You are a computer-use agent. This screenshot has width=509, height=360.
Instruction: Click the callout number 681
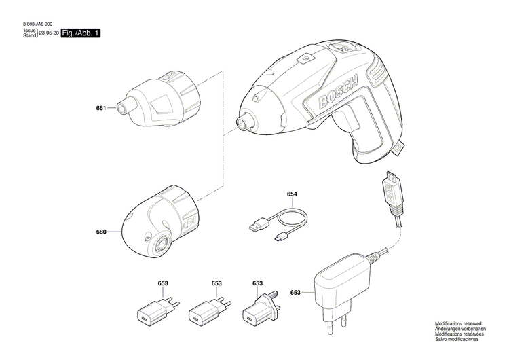click(x=101, y=108)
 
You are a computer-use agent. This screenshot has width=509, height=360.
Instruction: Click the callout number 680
click(x=101, y=232)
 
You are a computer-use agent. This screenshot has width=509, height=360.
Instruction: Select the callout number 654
click(x=292, y=194)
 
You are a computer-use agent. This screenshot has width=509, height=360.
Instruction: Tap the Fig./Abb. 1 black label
click(x=81, y=33)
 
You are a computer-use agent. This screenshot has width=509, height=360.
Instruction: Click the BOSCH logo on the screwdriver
click(x=337, y=91)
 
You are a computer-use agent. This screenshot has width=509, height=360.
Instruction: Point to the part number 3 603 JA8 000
click(x=37, y=24)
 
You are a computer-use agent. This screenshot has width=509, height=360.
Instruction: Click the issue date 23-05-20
click(x=49, y=33)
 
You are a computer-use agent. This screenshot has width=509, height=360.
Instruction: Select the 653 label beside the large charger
click(x=295, y=293)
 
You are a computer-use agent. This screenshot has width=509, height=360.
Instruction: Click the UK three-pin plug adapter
click(x=259, y=308)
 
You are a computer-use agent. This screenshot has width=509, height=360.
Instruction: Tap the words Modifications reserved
click(x=458, y=324)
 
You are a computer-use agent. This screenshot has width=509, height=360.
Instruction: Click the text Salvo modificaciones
click(x=457, y=339)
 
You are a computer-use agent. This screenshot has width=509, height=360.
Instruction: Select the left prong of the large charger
click(x=329, y=324)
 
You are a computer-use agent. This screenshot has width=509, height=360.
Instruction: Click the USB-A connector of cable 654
click(x=259, y=224)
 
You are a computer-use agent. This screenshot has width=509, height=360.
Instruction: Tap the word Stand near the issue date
click(x=30, y=35)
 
